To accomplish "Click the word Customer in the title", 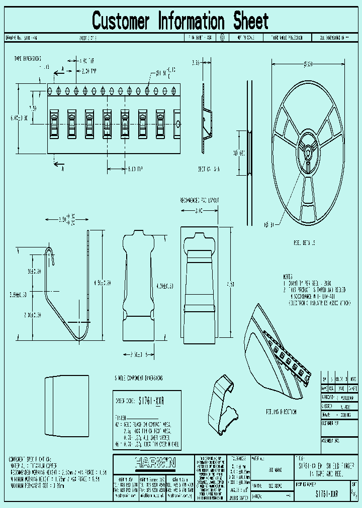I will point(121,21).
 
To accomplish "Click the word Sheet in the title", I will point(250,21).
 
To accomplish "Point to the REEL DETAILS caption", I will point(305,242).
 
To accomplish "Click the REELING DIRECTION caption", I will point(281,412).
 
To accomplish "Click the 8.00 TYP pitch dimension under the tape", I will point(134,169).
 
